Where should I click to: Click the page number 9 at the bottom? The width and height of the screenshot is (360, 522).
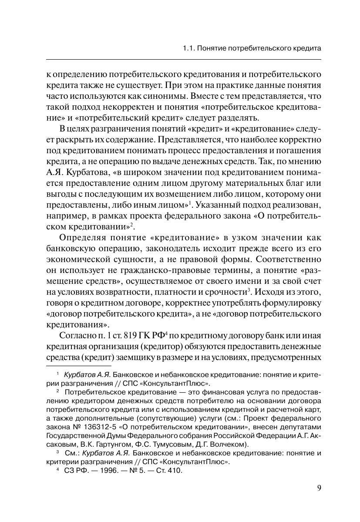[x=319, y=488]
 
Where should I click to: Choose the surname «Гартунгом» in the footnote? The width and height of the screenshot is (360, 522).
[x=119, y=444]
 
